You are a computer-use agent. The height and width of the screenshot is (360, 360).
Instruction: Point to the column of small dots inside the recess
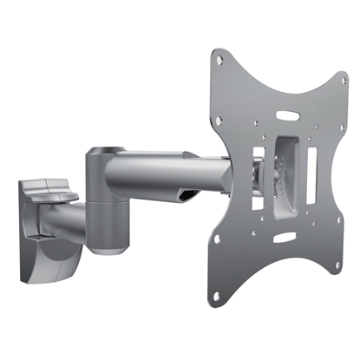pyautogui.click(x=279, y=177)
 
